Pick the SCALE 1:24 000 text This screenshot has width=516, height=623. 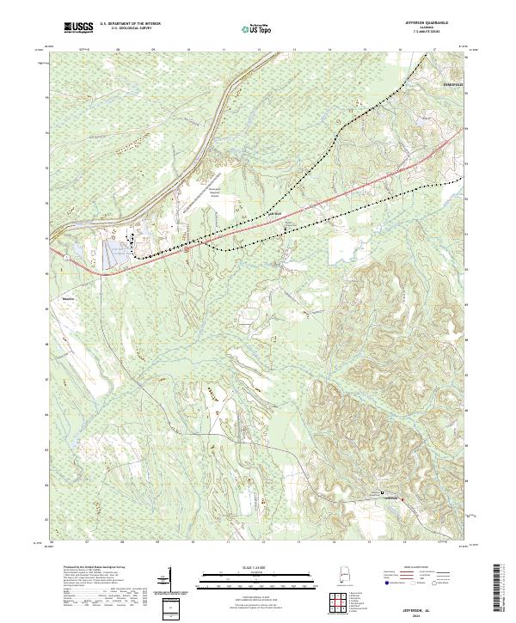coord(258,567)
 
